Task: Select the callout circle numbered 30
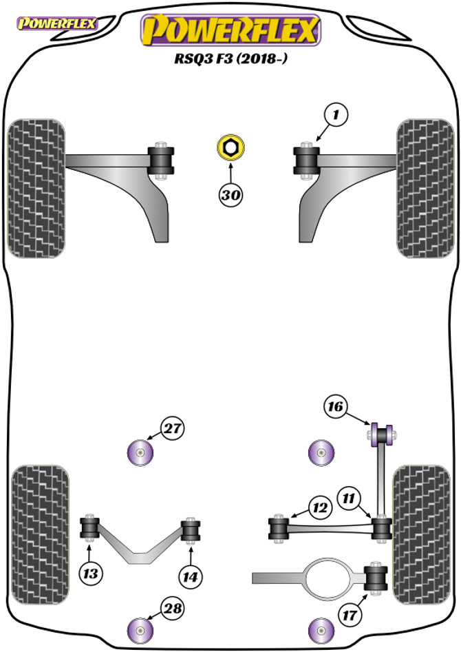(231, 195)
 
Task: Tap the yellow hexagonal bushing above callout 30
(230, 147)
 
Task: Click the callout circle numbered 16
(336, 407)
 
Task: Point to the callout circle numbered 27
(172, 429)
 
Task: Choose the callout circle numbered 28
(172, 607)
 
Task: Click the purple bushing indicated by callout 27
(141, 452)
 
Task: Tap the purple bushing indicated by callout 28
(141, 628)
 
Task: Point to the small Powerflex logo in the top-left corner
(56, 24)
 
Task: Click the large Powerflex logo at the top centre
(231, 30)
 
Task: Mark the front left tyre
(36, 188)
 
